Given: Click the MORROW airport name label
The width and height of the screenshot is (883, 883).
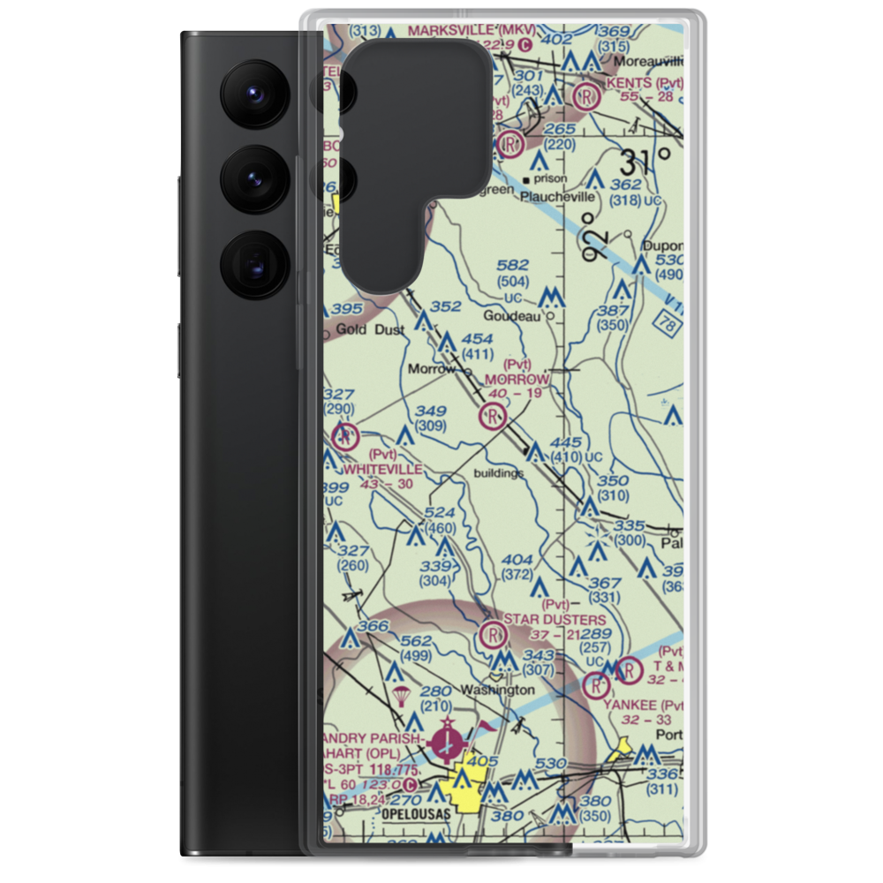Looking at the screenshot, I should coord(517,380).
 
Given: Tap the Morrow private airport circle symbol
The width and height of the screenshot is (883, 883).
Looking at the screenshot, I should coord(492,414).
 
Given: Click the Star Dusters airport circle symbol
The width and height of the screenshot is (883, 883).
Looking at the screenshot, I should coord(493,634).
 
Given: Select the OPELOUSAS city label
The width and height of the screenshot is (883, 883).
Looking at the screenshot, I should coord(419,812).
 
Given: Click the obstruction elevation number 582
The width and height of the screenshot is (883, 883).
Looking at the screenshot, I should coord(512,265).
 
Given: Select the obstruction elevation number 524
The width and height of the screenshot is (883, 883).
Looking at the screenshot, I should coord(439,511).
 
